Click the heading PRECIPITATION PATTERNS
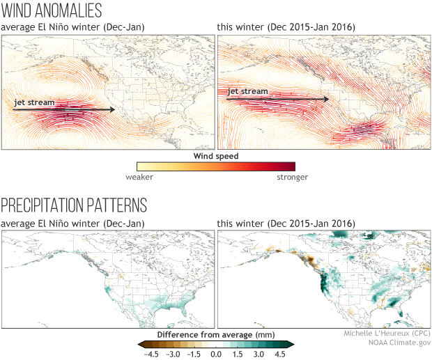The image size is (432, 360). point(74,205)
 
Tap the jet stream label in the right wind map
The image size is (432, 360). point(247,91)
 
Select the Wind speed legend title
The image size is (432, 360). point(215,156)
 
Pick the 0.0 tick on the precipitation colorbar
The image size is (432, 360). point(216,354)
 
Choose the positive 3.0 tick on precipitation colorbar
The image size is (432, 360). point(262,354)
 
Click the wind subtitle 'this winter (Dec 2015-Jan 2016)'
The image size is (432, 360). point(286,26)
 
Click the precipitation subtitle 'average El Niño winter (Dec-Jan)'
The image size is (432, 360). point(72,222)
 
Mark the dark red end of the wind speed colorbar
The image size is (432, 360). point(291,166)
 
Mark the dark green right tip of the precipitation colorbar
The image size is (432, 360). point(293,344)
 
